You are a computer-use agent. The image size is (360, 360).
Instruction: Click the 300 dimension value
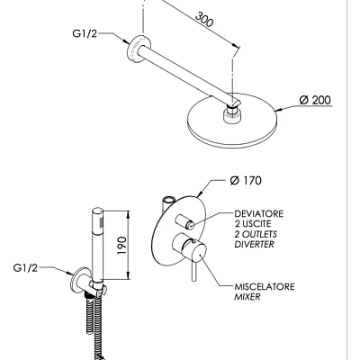pos(204,19)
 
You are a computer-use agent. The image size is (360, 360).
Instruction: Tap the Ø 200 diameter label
pos(315,100)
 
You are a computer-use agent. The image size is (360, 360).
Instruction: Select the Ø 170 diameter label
pos(246,181)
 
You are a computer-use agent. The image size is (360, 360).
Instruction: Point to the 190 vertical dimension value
pos(121,246)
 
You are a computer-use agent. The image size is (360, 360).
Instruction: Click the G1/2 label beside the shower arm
pos(85,33)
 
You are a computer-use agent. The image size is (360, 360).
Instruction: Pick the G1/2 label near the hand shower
pos(25,268)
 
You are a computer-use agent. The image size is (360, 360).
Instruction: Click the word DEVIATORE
pos(259,214)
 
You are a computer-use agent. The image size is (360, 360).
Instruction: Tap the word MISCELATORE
pos(265,287)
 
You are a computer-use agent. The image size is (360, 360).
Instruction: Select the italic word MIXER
pos(247,297)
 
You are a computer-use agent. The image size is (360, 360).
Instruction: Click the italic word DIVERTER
pos(255,244)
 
